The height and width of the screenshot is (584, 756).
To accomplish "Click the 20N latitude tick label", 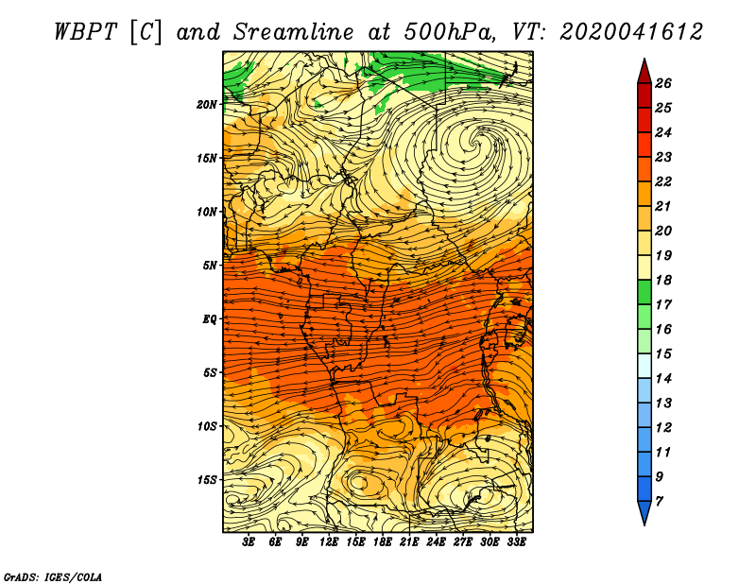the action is click(207, 104).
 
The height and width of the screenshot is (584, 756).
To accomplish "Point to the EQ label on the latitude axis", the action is click(209, 318).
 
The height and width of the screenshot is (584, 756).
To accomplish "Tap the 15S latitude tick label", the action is click(207, 480).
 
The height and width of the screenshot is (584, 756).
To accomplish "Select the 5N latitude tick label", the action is click(210, 266).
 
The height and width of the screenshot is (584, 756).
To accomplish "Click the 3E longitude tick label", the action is click(249, 542).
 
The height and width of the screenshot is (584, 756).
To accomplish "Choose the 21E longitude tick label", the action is click(409, 542).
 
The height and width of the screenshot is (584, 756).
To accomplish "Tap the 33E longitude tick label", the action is click(516, 542).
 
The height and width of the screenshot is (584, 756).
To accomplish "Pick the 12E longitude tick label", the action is click(328, 542).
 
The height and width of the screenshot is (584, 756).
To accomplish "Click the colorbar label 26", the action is click(663, 83).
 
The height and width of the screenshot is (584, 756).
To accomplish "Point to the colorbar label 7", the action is click(659, 502).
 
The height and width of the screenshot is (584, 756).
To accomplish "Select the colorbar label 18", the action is click(663, 280).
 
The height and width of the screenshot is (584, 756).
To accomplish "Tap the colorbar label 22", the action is click(663, 181).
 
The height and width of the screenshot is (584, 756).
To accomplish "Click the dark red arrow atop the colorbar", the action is click(644, 73).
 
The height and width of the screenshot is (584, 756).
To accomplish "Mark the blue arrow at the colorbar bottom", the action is click(644, 511).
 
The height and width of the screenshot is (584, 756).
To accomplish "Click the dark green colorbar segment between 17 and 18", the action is click(644, 292).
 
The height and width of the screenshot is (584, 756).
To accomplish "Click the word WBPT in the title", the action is click(85, 32).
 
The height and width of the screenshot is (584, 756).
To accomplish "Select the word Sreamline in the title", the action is click(294, 32).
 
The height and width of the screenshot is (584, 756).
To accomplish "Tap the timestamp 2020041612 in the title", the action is click(631, 32).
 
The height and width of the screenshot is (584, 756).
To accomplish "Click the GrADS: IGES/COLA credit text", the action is click(53, 577).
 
